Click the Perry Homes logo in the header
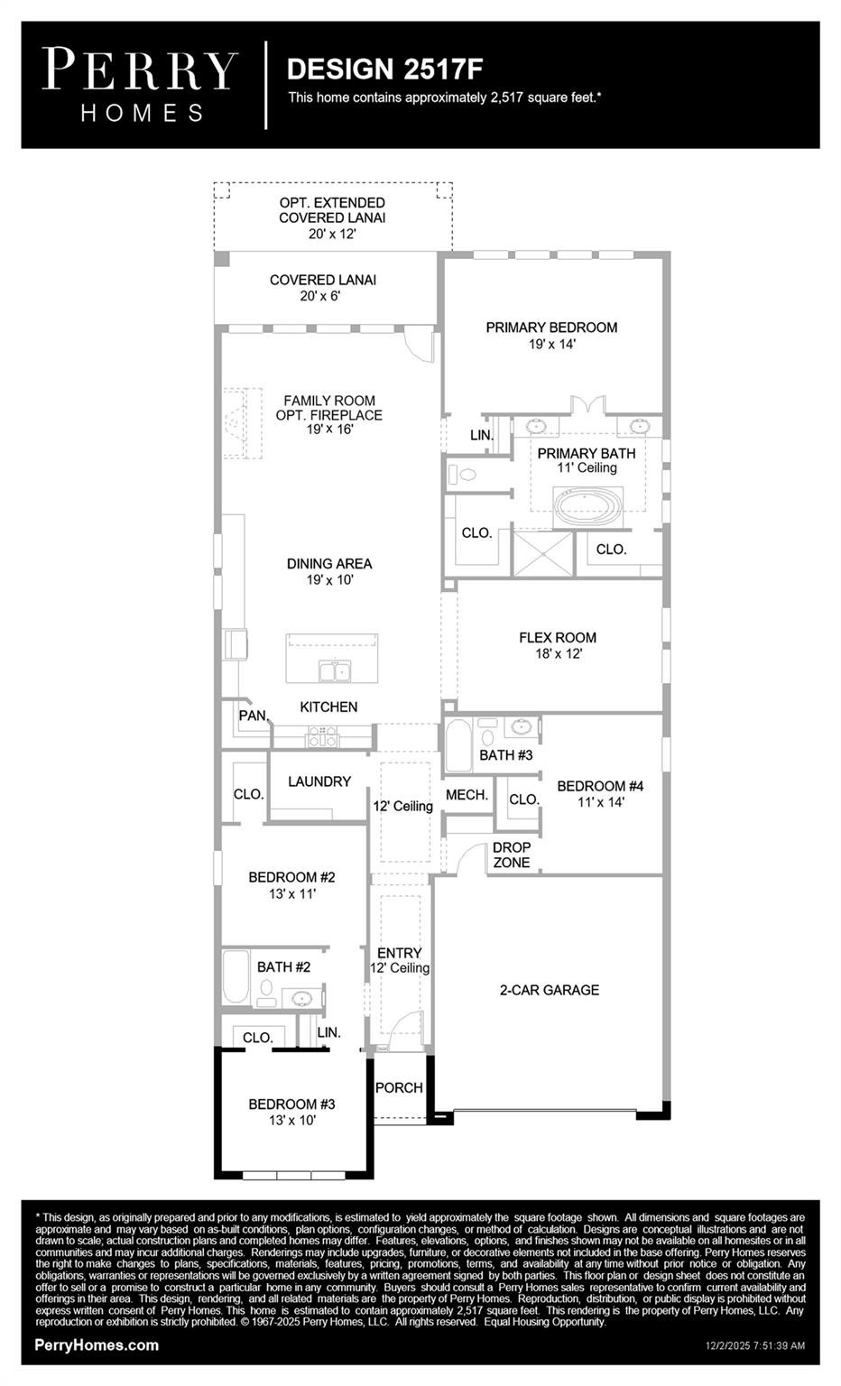point(140,85)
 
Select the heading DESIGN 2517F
point(378,69)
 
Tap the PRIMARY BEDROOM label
point(551,328)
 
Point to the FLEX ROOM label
point(557,638)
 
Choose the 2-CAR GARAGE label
point(549,990)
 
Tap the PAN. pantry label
point(253,716)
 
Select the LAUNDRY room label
point(319,781)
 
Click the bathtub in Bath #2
point(236,976)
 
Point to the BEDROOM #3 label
point(291,1104)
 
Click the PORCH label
point(399,1088)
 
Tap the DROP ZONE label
point(511,855)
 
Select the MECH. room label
point(467,795)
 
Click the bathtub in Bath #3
point(458,745)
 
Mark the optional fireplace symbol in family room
point(236,423)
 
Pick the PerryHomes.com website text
point(97,1345)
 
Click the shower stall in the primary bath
point(542,554)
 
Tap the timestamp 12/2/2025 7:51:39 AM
point(754,1346)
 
